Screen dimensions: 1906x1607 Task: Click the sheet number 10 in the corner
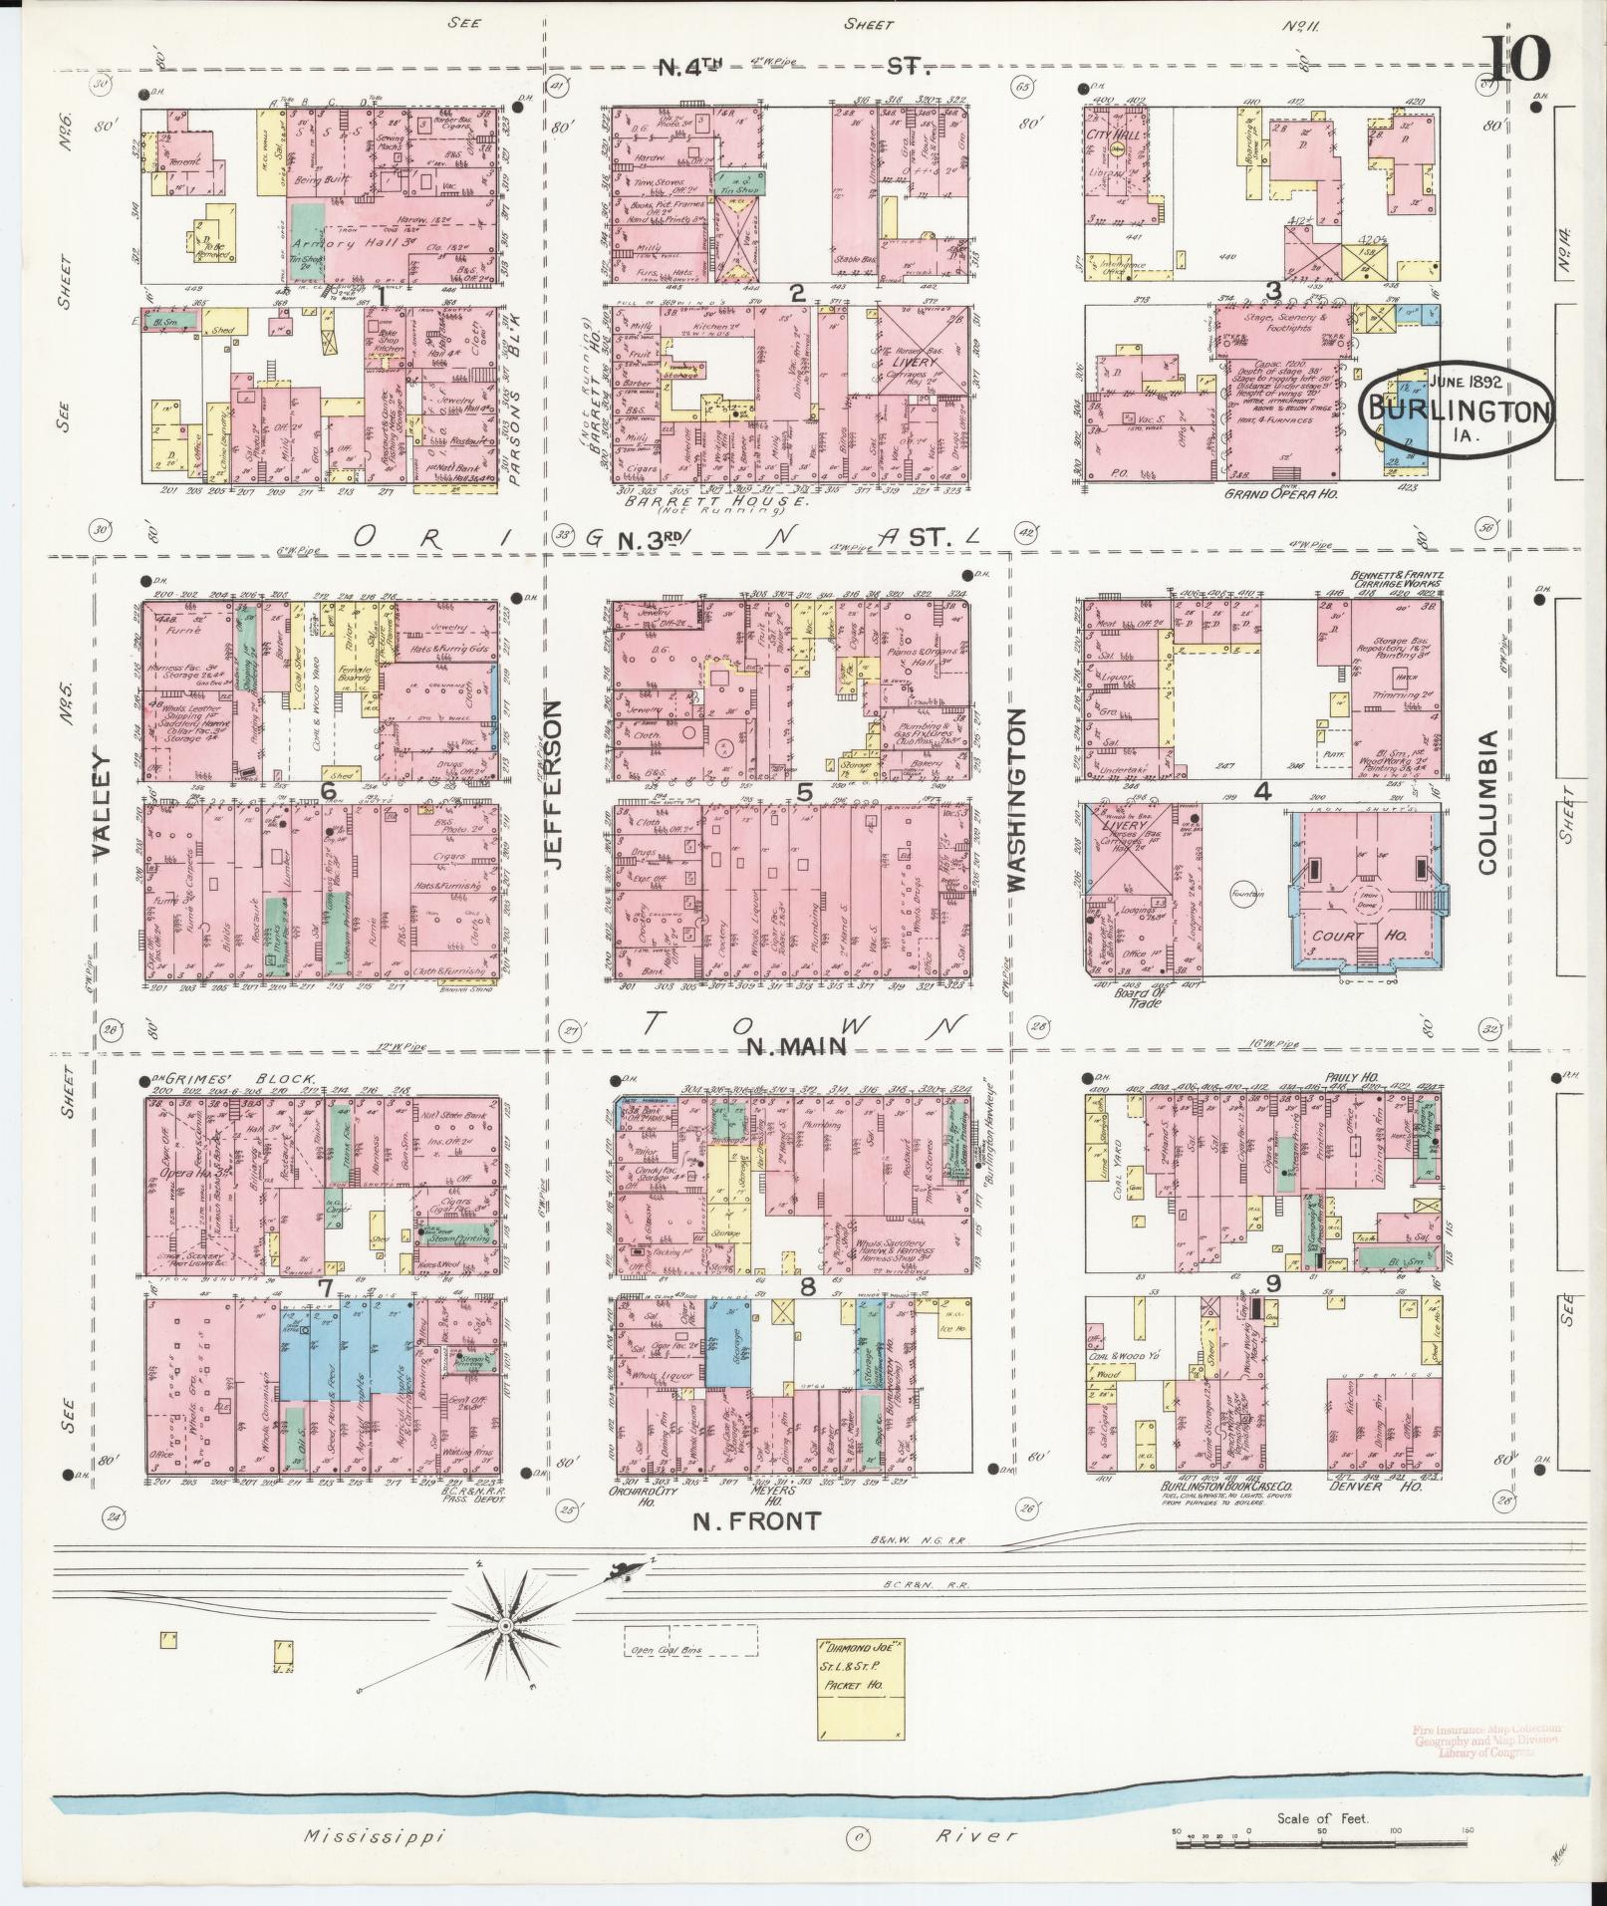[1519, 59]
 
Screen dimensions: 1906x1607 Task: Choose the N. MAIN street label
[797, 1046]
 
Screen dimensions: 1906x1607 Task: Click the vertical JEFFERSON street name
[556, 784]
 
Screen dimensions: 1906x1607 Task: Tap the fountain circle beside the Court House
[1246, 894]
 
